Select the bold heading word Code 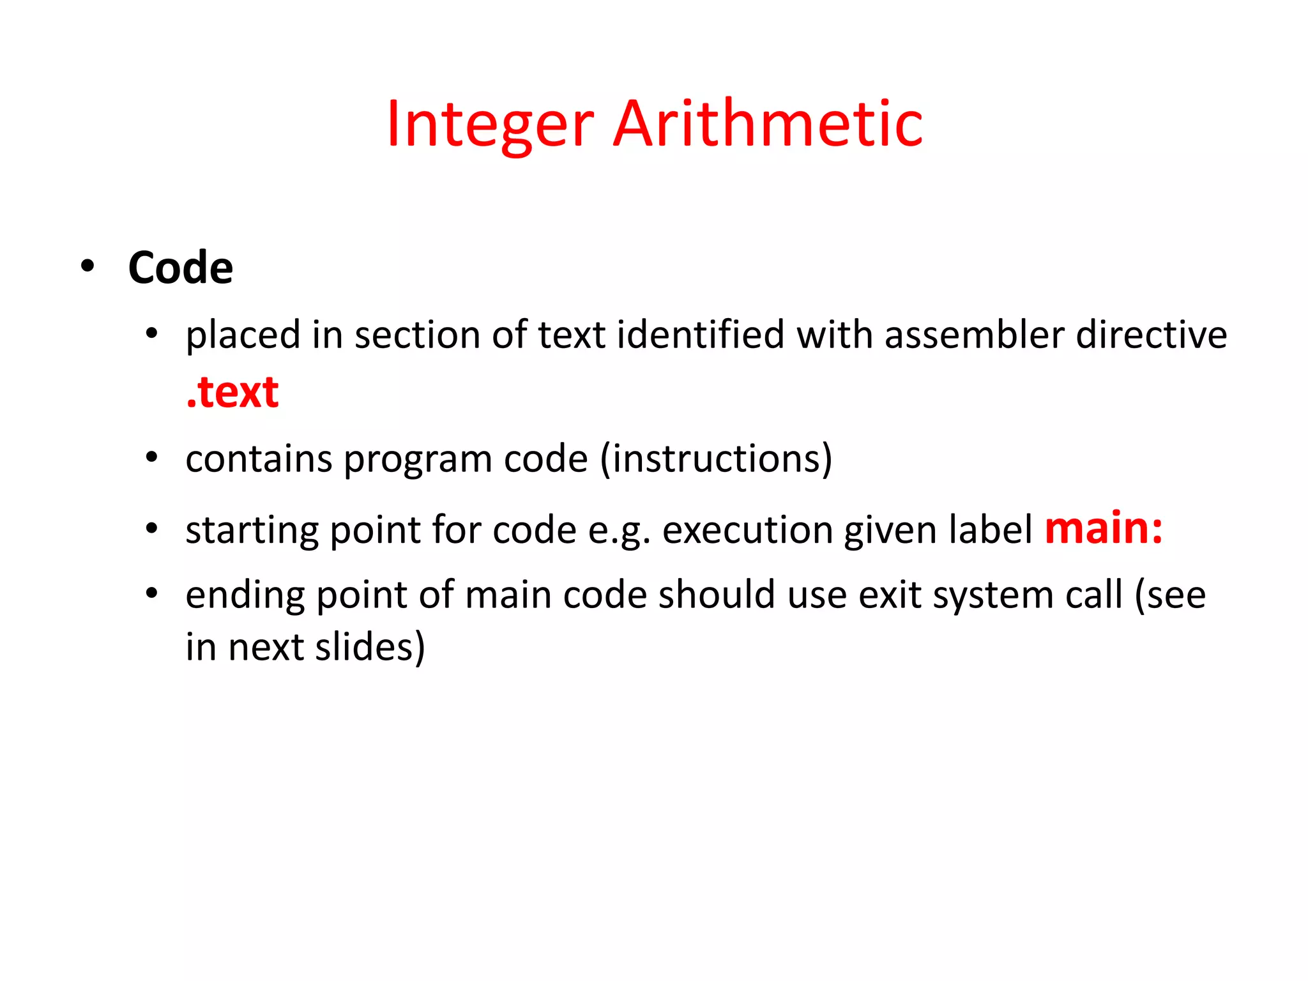pos(181,268)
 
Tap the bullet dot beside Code pos(88,265)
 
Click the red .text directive pos(232,392)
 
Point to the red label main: pos(1103,529)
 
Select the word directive pos(1151,335)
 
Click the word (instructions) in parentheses pos(717,459)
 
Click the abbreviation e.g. pos(619,531)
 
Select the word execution pos(747,530)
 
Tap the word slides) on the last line pos(370,647)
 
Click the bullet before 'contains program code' pos(151,457)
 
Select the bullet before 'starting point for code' pos(151,529)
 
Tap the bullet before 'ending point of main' pos(151,594)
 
